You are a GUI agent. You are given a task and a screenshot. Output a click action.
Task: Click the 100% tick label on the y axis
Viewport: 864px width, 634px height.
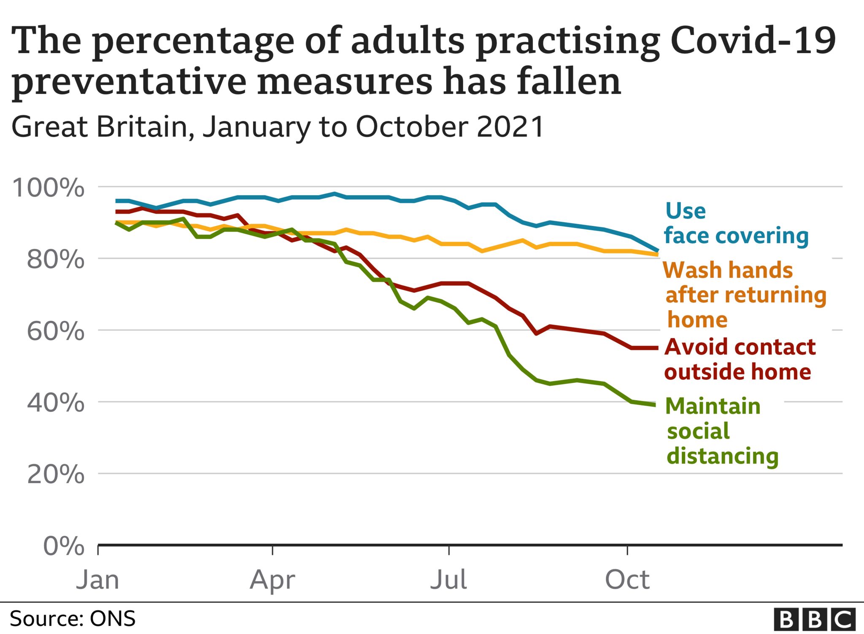[x=48, y=188]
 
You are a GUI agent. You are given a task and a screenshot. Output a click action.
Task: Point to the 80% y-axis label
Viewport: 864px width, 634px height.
[x=55, y=259]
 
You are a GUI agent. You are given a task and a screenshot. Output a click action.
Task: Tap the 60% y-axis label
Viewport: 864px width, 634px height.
[x=55, y=331]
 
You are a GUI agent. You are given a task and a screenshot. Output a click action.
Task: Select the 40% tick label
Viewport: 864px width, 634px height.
[x=55, y=403]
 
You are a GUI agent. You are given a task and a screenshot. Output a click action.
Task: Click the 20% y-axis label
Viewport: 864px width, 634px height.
[x=55, y=475]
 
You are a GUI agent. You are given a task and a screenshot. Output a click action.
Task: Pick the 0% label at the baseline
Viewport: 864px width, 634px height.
[x=64, y=546]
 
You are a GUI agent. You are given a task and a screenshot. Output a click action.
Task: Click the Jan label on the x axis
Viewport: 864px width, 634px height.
[x=97, y=580]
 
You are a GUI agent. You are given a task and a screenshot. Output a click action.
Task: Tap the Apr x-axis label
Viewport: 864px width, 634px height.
[x=272, y=580]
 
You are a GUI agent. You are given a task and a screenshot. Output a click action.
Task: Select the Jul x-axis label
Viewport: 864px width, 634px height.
[x=448, y=580]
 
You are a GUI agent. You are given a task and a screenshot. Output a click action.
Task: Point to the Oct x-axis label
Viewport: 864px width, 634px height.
[x=627, y=580]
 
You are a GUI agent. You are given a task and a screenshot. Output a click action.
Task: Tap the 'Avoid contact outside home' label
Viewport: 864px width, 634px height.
[x=739, y=360]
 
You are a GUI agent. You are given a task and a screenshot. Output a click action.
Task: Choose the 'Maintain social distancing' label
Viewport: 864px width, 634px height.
[x=721, y=431]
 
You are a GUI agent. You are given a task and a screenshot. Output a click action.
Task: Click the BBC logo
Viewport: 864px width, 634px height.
[x=814, y=619]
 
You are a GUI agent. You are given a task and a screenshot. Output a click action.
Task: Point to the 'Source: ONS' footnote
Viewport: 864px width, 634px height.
[x=73, y=619]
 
